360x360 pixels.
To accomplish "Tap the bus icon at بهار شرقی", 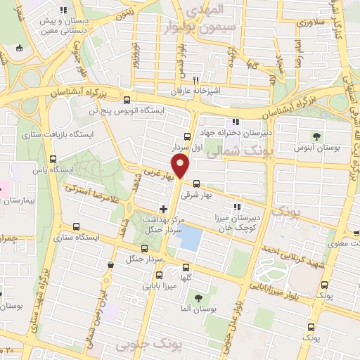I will point(196,184).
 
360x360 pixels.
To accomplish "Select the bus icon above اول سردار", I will point(187,136).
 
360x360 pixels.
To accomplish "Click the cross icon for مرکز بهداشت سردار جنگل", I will point(164,209).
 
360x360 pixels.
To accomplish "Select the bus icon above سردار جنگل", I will point(145,247).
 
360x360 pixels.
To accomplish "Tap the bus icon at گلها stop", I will point(186,266).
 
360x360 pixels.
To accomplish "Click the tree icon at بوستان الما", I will point(198,297).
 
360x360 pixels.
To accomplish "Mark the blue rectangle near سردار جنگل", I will point(188,240).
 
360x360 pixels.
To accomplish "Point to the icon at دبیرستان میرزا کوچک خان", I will point(238,207).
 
